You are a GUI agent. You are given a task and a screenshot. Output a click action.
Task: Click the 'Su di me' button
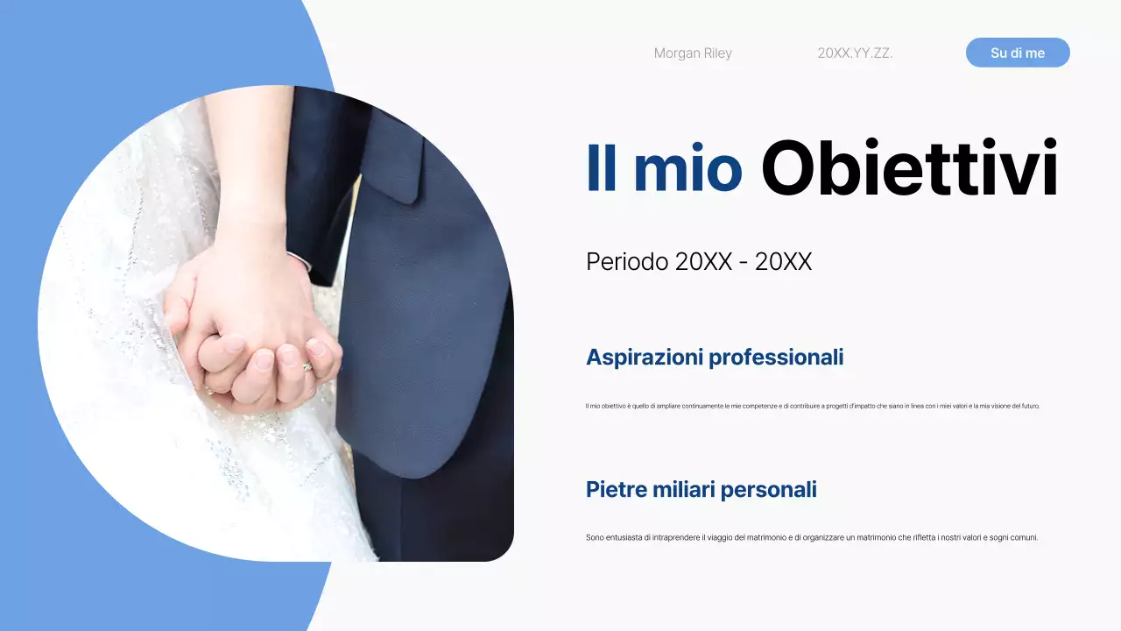tap(1018, 53)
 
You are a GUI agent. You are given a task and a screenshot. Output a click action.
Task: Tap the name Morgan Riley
tap(693, 53)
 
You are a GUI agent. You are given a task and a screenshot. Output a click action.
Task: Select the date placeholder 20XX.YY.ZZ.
tap(855, 53)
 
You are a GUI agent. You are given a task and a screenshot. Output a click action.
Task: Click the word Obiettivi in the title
tap(909, 168)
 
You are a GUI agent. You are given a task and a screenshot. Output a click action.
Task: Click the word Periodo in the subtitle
tap(626, 261)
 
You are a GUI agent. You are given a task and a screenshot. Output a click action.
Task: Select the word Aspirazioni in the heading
tap(644, 358)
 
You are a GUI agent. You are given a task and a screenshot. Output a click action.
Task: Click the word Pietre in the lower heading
tap(617, 490)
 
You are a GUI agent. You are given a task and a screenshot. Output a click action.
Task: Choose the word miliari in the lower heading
tap(683, 490)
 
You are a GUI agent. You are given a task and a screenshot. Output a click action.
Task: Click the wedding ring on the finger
tap(307, 367)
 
